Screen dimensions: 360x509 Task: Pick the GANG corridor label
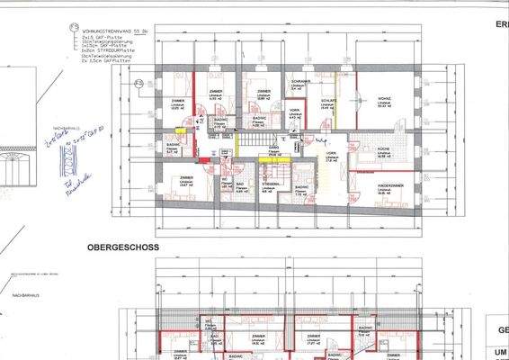[x=273, y=147]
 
